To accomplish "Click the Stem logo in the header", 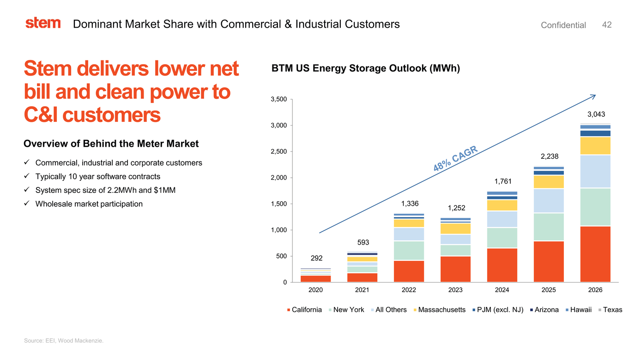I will coord(43,23).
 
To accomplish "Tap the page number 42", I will coord(607,25).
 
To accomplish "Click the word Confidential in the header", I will coord(563,25).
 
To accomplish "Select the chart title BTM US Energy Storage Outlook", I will coord(366,69).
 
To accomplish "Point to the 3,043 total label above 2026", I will coord(596,114).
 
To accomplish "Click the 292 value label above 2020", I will coord(316,258).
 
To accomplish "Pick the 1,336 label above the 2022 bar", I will coord(409,204).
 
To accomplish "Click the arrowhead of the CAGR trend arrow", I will coord(594,96).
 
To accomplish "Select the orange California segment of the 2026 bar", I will coord(595,254).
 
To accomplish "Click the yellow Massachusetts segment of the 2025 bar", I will coord(549,182).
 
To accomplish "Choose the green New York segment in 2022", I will coord(409,251).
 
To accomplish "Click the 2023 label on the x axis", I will coord(455,290).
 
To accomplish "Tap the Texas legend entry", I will coord(610,310).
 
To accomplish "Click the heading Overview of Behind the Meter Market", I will coord(111,144).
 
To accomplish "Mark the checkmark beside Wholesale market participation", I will coord(27,204).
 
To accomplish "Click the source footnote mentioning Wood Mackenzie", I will coord(64,341).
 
